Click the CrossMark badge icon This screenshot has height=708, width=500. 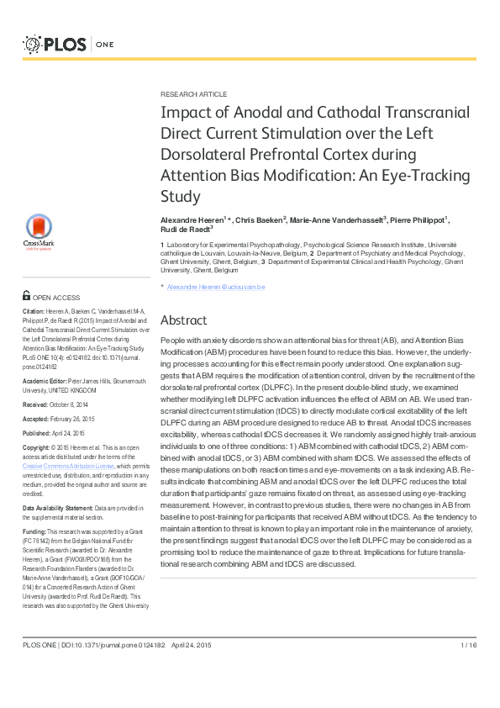coord(37,231)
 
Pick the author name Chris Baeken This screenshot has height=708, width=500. coord(260,219)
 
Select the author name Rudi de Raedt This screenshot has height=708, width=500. coord(184,229)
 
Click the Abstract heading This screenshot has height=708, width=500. coord(183,320)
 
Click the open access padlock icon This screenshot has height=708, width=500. coord(27,297)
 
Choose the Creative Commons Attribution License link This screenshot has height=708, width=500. coord(66,465)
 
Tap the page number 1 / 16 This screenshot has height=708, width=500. coord(469,646)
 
